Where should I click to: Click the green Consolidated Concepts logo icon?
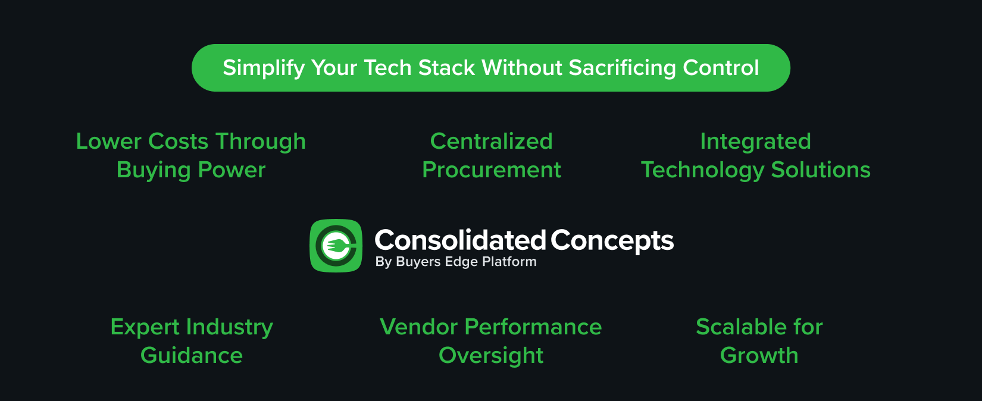point(336,246)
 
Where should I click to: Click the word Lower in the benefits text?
point(109,142)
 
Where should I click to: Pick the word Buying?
point(153,171)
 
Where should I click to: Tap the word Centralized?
point(491,142)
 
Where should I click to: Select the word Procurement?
point(491,170)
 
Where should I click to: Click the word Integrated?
point(755,142)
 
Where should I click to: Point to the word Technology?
point(702,171)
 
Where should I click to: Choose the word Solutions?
point(821,170)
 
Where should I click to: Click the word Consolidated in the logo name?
point(459,240)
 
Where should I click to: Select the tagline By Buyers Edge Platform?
point(456,262)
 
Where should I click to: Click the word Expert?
point(145,327)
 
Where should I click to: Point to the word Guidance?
point(192,356)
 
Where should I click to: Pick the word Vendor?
point(418,327)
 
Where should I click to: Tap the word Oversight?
point(491,356)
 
